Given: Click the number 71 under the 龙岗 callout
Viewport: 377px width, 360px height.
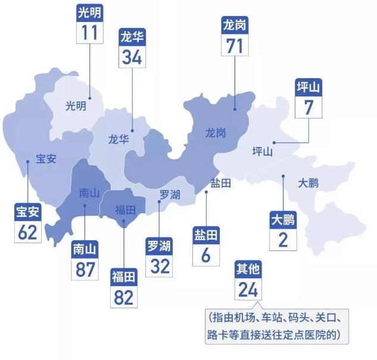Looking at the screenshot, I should point(235,45).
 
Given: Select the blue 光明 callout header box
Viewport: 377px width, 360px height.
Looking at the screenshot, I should point(89,13).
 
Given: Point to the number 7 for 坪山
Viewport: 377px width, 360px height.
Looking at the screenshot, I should point(309,107).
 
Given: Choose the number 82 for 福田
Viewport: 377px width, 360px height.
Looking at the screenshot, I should point(124,296).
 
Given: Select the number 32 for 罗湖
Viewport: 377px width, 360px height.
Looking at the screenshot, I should point(160,265).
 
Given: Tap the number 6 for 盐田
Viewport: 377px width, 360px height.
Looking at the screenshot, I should point(205,255).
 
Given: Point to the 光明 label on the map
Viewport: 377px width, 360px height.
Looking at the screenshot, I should point(76,106).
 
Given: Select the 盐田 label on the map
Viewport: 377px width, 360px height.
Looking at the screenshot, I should point(220,183).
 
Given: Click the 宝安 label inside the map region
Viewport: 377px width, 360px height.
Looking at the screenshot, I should point(46,159).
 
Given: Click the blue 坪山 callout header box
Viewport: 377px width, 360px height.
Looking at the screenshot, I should point(309,88).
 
